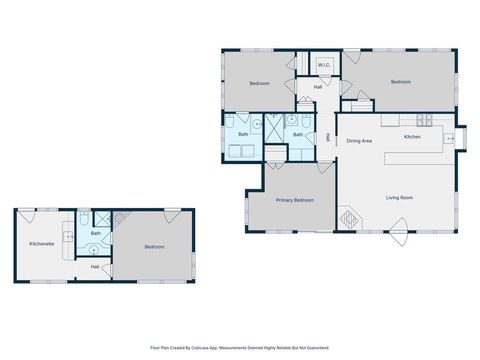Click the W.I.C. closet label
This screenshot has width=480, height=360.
(x=324, y=66)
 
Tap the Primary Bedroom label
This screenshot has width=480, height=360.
(x=295, y=200)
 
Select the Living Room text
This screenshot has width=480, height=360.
(x=400, y=197)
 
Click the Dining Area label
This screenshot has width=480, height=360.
(x=360, y=141)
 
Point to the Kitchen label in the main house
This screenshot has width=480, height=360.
(x=411, y=136)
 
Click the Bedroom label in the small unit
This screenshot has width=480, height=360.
(x=154, y=246)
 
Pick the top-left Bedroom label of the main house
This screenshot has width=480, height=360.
(x=259, y=83)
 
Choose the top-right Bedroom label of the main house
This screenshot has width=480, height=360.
(x=401, y=81)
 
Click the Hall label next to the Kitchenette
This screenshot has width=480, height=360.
(x=95, y=266)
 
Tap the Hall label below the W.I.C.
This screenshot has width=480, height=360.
(x=317, y=87)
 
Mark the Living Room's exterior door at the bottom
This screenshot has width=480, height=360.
(x=398, y=238)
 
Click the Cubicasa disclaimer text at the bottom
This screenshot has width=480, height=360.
(x=240, y=347)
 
